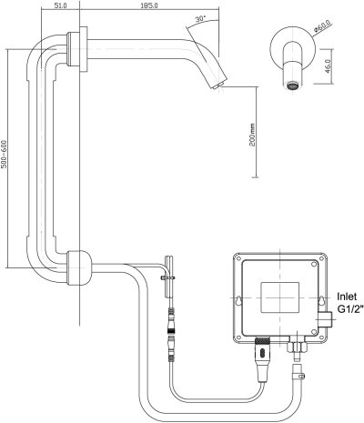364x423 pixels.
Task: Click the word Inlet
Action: pyautogui.click(x=349, y=296)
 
